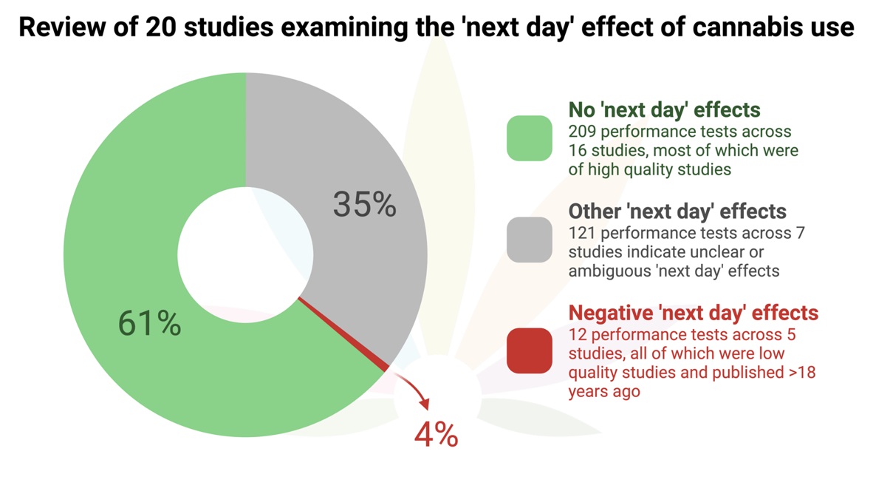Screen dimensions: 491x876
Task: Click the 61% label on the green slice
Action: tap(150, 324)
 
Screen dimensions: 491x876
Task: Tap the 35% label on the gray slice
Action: tap(364, 204)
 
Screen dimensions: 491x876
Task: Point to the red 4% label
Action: tap(436, 434)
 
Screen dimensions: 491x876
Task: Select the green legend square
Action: tap(530, 138)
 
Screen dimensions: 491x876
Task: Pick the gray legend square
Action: tap(530, 240)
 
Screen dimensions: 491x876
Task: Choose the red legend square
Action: tap(530, 351)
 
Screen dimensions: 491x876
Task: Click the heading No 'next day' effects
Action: tap(664, 110)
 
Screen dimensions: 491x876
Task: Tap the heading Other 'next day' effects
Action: tap(677, 211)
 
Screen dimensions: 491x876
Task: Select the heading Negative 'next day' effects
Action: tap(694, 313)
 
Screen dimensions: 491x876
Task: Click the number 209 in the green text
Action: tap(583, 132)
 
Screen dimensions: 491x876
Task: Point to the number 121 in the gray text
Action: tap(582, 233)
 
